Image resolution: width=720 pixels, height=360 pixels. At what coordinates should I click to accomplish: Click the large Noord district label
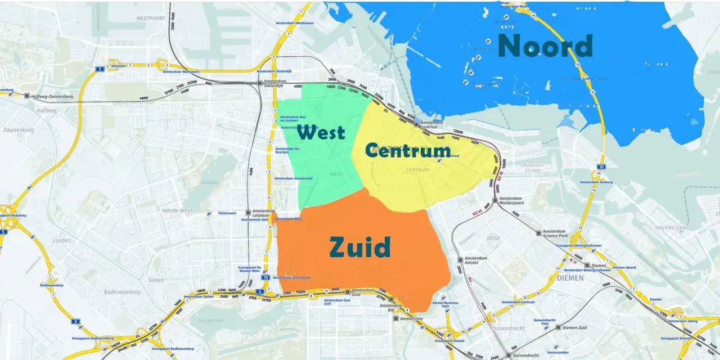point(545,46)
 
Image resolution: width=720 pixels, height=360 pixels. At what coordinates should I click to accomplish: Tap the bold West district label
point(321,133)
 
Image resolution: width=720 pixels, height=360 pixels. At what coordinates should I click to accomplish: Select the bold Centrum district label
point(408,150)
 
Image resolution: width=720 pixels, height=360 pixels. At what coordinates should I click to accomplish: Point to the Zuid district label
point(360,247)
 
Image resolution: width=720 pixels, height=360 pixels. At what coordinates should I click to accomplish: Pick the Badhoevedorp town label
point(121,292)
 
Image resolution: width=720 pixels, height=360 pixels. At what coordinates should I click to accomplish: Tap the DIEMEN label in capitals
point(571,278)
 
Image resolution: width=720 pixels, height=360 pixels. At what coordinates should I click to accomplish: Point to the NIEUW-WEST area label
point(178,211)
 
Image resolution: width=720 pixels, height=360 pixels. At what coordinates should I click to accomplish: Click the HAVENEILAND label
point(672,227)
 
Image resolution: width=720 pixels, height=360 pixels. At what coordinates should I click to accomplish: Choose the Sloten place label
point(156,280)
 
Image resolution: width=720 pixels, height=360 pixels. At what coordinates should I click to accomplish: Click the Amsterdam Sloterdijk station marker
point(260,83)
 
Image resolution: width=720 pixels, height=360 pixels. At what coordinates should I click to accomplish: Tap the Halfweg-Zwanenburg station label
point(52,96)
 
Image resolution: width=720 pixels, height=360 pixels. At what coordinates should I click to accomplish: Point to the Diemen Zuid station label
point(574,327)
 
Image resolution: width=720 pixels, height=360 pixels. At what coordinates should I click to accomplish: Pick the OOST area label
point(493,238)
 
